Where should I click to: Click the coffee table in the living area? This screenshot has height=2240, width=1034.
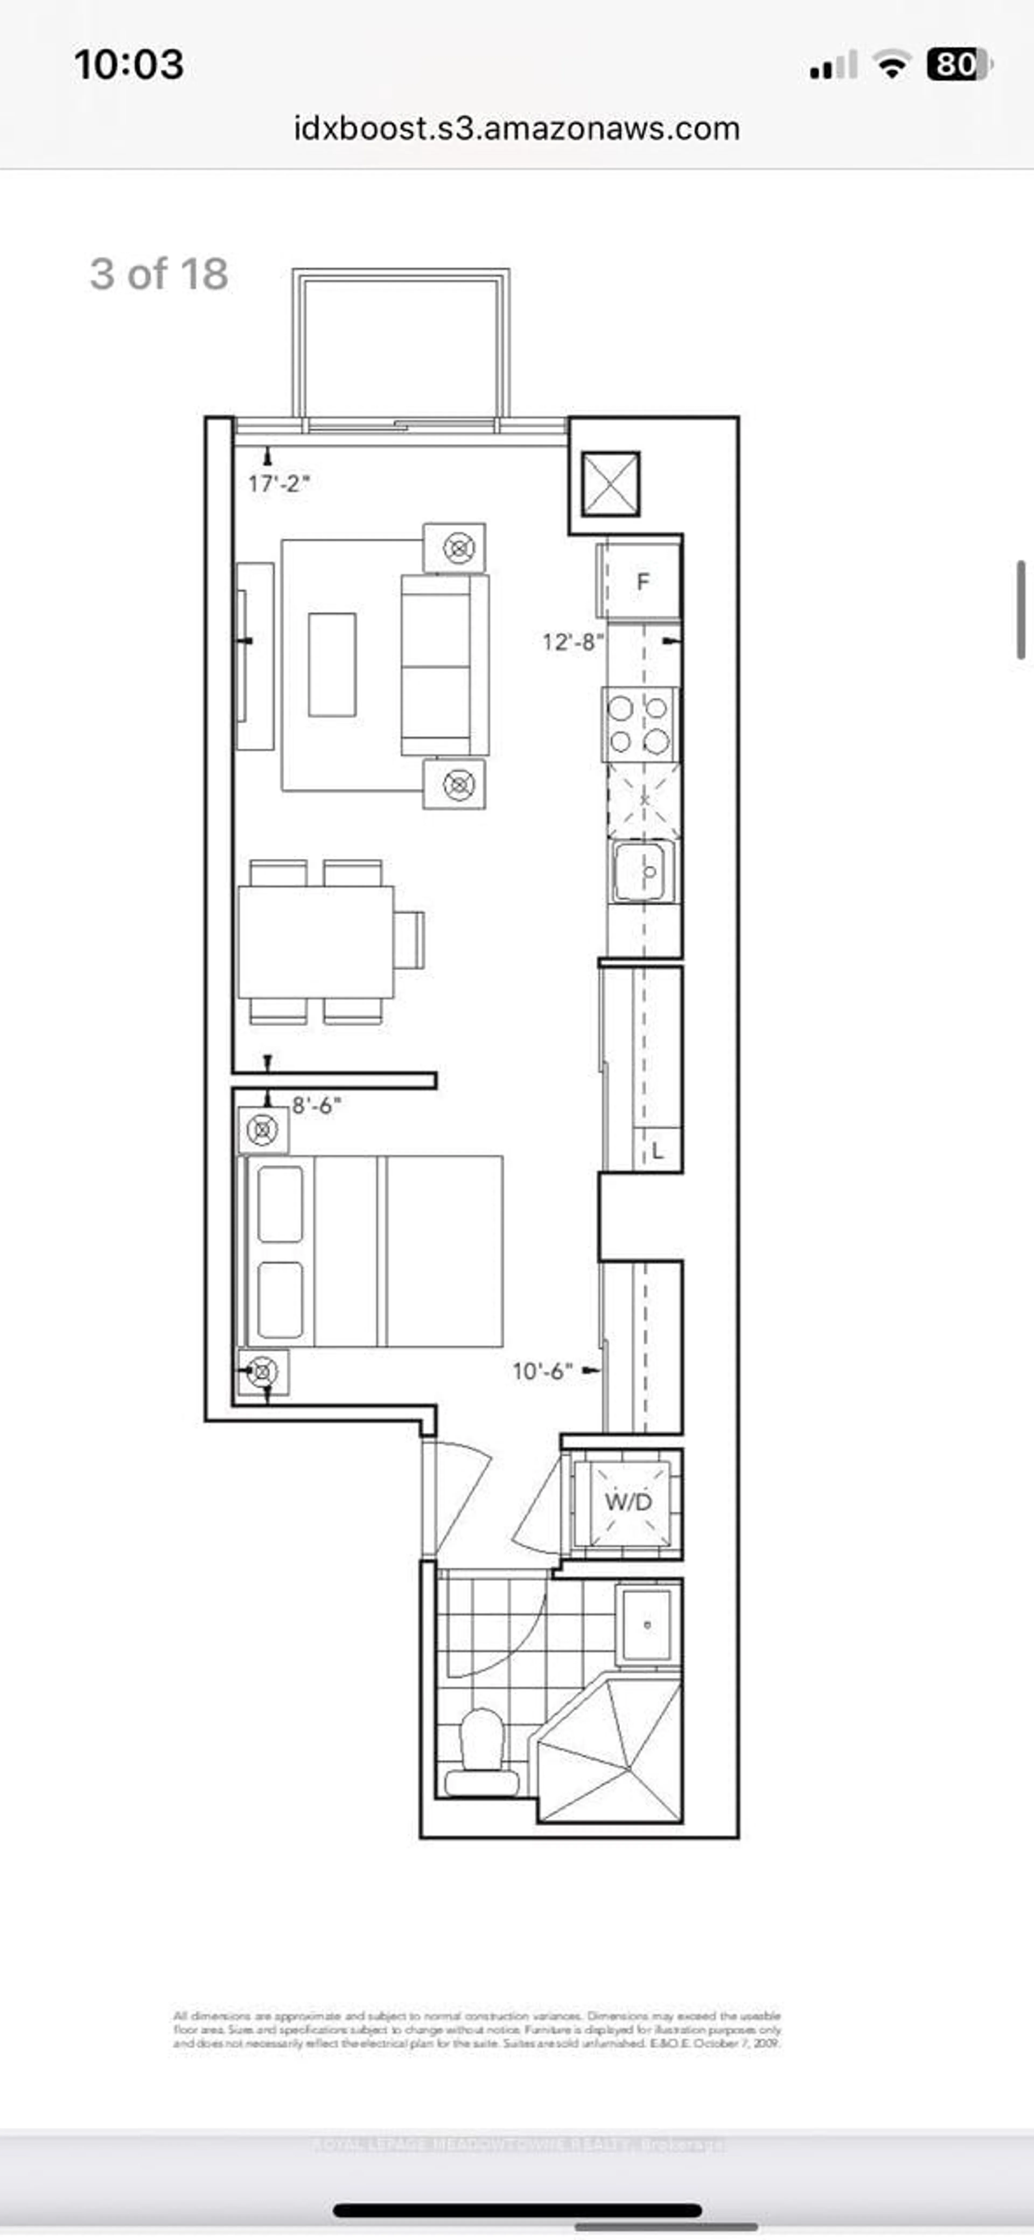[332, 664]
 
